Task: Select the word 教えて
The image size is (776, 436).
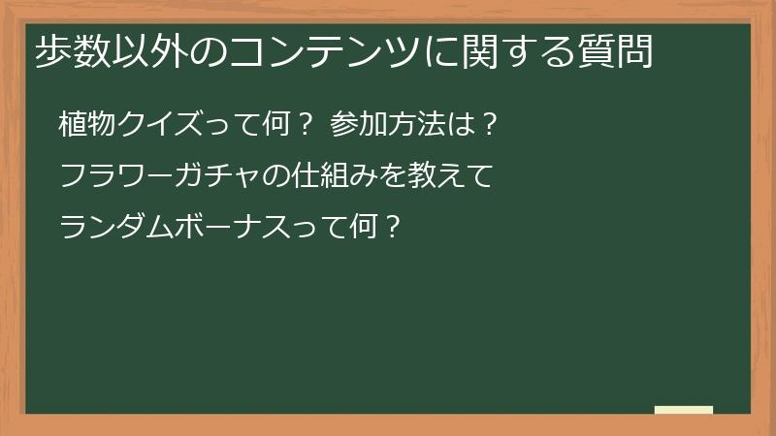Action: point(457,176)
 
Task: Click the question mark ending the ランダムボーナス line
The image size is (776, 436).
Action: point(392,228)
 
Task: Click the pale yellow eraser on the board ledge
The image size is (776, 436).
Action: point(684,410)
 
